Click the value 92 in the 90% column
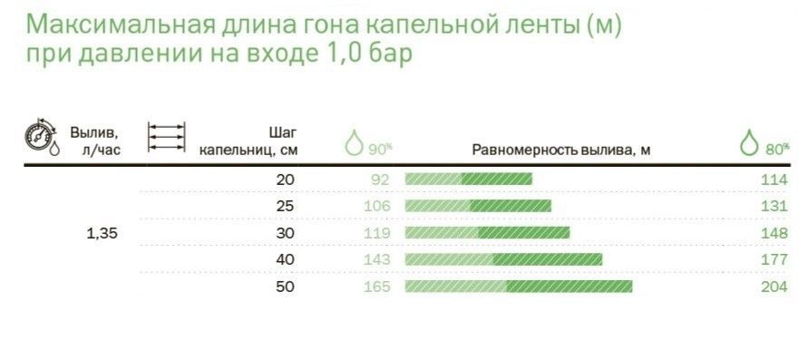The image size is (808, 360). tap(380, 180)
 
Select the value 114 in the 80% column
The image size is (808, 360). tap(774, 180)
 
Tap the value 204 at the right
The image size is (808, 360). tap(774, 287)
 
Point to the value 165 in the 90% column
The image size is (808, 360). tap(376, 287)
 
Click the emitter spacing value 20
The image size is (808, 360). tap(285, 180)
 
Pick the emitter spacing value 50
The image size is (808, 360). tap(285, 287)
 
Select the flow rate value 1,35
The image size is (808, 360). tap(102, 233)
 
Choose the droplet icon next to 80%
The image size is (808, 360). tap(749, 142)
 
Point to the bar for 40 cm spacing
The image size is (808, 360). tap(503, 259)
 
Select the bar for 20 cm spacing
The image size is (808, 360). tap(468, 180)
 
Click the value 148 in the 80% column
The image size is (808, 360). tap(774, 233)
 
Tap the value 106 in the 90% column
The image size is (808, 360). tap(376, 206)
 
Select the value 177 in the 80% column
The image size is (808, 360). tap(774, 259)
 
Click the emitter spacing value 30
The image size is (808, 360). tap(285, 233)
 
